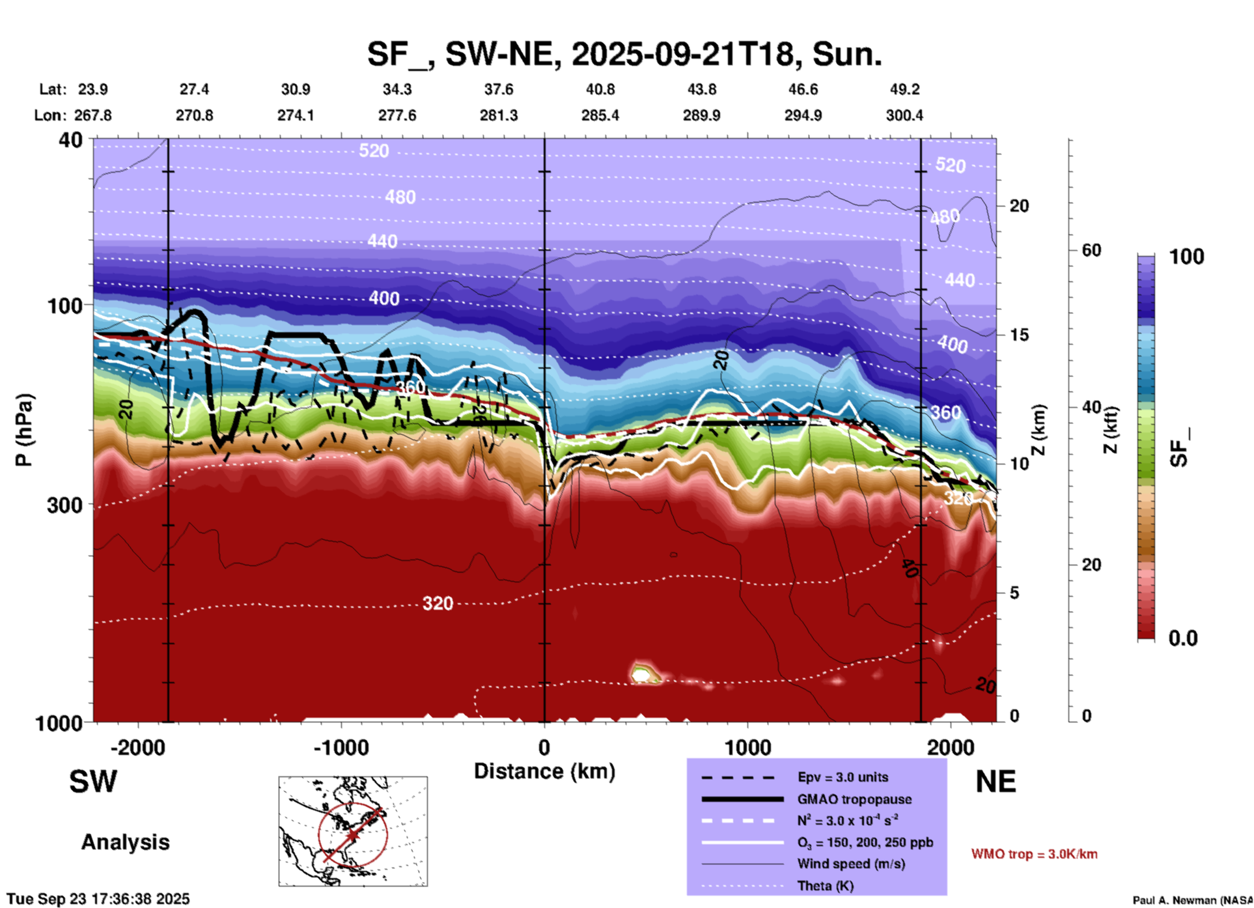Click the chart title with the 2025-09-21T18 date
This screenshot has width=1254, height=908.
click(x=624, y=54)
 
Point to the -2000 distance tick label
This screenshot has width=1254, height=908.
click(x=137, y=747)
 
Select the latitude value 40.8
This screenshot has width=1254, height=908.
click(x=600, y=89)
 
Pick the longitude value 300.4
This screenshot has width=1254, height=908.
click(x=904, y=115)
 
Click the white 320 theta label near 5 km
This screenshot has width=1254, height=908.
click(x=438, y=604)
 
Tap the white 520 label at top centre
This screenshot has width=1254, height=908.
click(x=374, y=151)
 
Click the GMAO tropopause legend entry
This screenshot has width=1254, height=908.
click(x=854, y=799)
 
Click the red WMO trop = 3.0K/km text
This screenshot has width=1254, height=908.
click(x=1034, y=854)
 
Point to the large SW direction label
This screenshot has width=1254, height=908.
click(x=93, y=782)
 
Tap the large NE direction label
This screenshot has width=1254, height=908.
click(x=996, y=782)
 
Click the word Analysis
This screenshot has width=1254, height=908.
click(x=125, y=842)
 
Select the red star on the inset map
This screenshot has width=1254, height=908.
click(x=352, y=834)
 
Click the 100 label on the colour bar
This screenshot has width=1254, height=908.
click(x=1186, y=257)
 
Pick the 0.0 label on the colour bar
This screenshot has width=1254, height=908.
click(x=1182, y=638)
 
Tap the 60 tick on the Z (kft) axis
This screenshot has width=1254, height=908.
click(x=1091, y=250)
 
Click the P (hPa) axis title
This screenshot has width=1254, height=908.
click(x=24, y=430)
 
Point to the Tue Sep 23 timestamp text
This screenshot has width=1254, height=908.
click(x=98, y=899)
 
